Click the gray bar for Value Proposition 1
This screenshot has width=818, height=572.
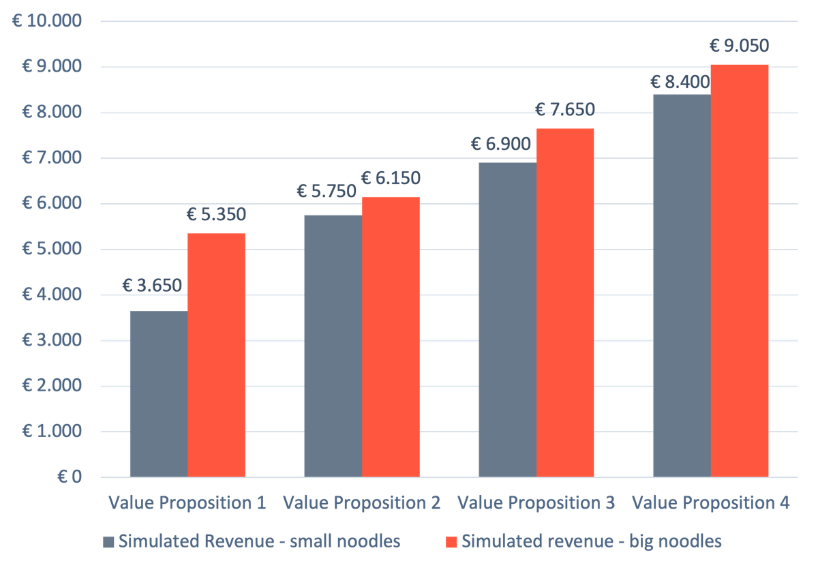click(x=158, y=393)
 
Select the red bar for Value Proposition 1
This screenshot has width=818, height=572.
click(x=217, y=355)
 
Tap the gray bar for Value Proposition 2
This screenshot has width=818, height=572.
click(x=333, y=346)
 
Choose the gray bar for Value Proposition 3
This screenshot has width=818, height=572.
click(x=507, y=319)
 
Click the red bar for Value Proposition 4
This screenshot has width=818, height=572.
click(x=740, y=270)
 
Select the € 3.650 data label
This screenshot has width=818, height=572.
click(x=153, y=285)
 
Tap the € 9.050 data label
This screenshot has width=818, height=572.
click(x=740, y=46)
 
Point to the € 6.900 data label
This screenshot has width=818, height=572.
click(x=501, y=144)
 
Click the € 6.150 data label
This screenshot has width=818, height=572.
click(x=391, y=179)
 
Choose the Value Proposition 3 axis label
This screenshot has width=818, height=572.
click(x=536, y=504)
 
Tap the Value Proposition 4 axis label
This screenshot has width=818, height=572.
click(x=710, y=504)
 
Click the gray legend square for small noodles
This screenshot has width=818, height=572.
click(x=108, y=542)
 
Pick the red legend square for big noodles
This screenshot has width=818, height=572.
click(x=451, y=542)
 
